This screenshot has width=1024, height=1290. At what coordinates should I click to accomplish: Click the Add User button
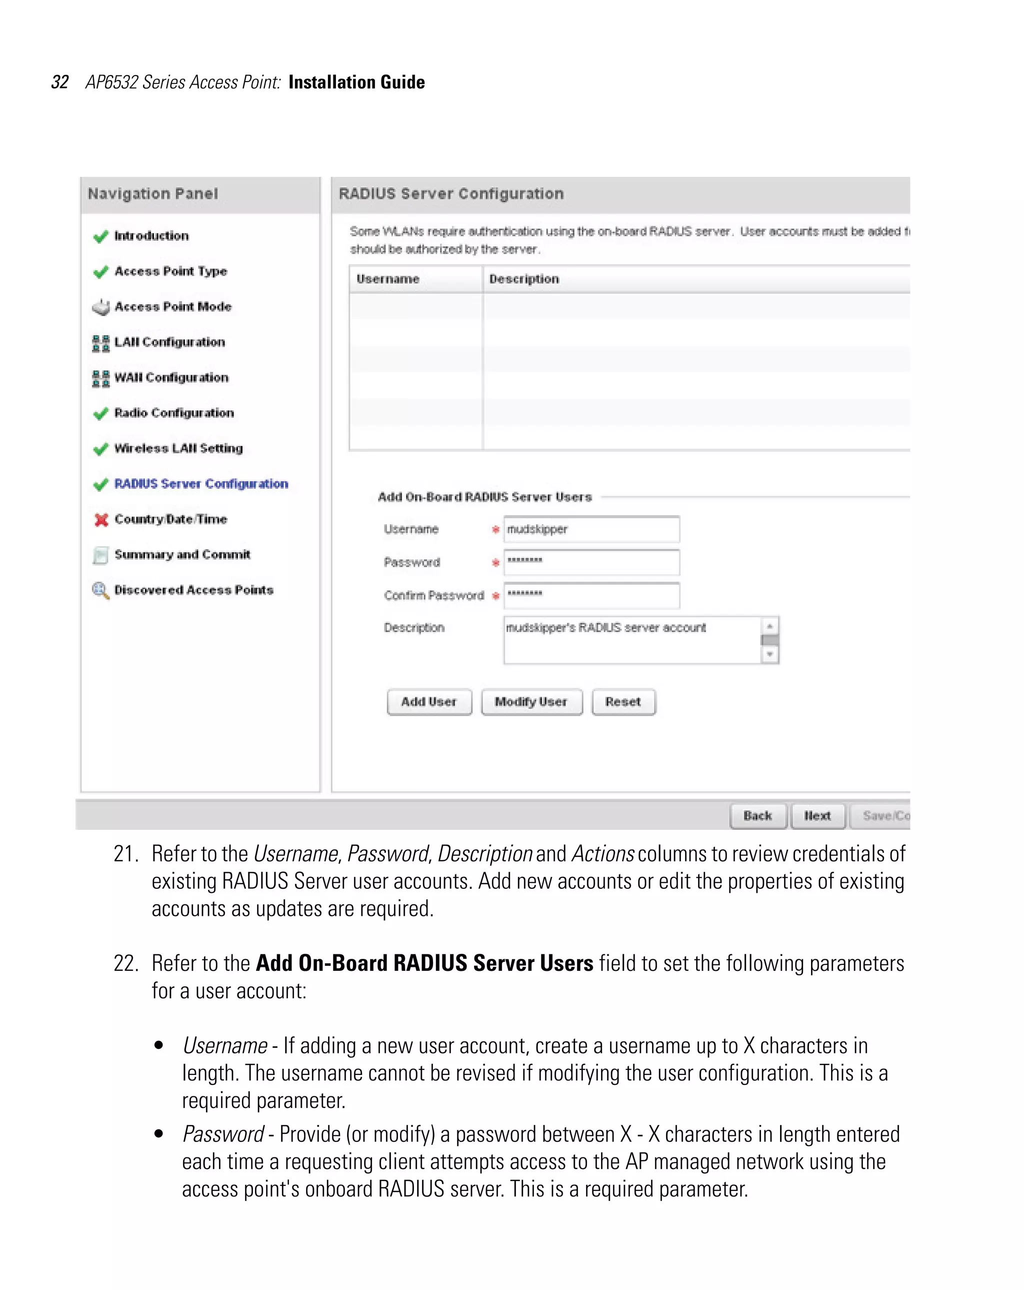tap(429, 702)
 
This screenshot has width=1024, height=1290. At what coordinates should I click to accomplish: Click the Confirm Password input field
tap(591, 595)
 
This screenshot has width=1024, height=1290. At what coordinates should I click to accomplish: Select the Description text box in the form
tap(631, 640)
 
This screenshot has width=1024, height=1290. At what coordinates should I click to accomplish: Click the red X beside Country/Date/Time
tap(101, 519)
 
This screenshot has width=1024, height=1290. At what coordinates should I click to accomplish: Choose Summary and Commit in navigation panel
tap(182, 555)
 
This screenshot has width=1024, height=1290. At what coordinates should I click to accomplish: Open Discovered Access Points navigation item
tap(193, 590)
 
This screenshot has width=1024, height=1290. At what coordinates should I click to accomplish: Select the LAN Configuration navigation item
tap(169, 342)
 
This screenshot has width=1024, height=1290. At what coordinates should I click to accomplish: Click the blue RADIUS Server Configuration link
tap(201, 484)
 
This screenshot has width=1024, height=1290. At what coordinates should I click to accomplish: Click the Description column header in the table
tap(524, 279)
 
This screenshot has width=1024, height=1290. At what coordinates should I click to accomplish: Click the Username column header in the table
tap(387, 279)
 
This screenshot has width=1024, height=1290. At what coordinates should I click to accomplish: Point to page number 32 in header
tap(60, 82)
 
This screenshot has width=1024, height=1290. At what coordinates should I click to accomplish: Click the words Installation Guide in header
tap(356, 82)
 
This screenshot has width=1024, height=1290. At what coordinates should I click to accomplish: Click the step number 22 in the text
tap(125, 963)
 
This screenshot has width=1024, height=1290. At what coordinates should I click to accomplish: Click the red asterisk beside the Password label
tap(495, 562)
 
